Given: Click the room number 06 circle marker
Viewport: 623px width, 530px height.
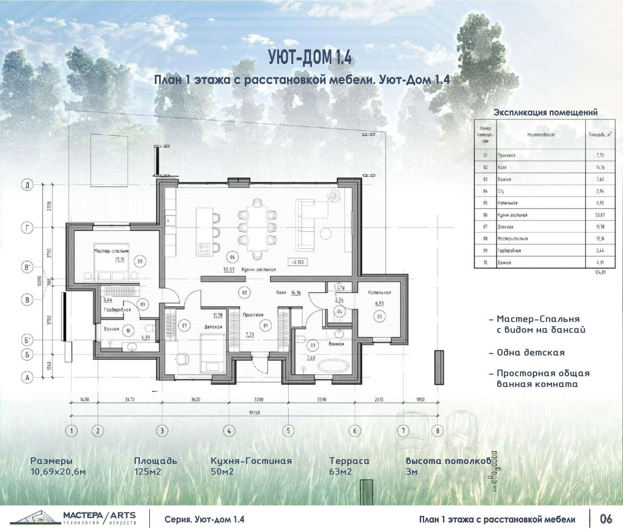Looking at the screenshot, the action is click(x=233, y=257).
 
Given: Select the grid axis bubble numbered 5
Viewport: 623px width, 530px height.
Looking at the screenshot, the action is click(x=288, y=431).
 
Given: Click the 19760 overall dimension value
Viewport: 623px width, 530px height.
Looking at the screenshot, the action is click(x=254, y=413).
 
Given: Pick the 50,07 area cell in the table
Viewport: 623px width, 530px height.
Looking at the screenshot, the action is click(x=600, y=215).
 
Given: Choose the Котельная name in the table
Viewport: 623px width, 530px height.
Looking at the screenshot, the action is click(x=507, y=203).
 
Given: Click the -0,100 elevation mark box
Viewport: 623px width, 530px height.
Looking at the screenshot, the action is click(x=298, y=262).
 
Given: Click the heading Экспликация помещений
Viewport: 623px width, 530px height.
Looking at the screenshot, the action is click(x=545, y=112).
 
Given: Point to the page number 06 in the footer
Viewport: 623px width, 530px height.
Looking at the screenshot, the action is click(x=606, y=518).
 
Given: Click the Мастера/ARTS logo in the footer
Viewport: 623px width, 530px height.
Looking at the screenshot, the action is click(x=74, y=518).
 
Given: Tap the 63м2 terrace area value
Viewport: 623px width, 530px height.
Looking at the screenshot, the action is click(x=340, y=472).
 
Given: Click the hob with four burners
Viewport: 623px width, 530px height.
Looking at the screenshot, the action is click(x=204, y=249).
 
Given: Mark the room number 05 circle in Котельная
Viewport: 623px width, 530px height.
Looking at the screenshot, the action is click(x=379, y=317).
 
